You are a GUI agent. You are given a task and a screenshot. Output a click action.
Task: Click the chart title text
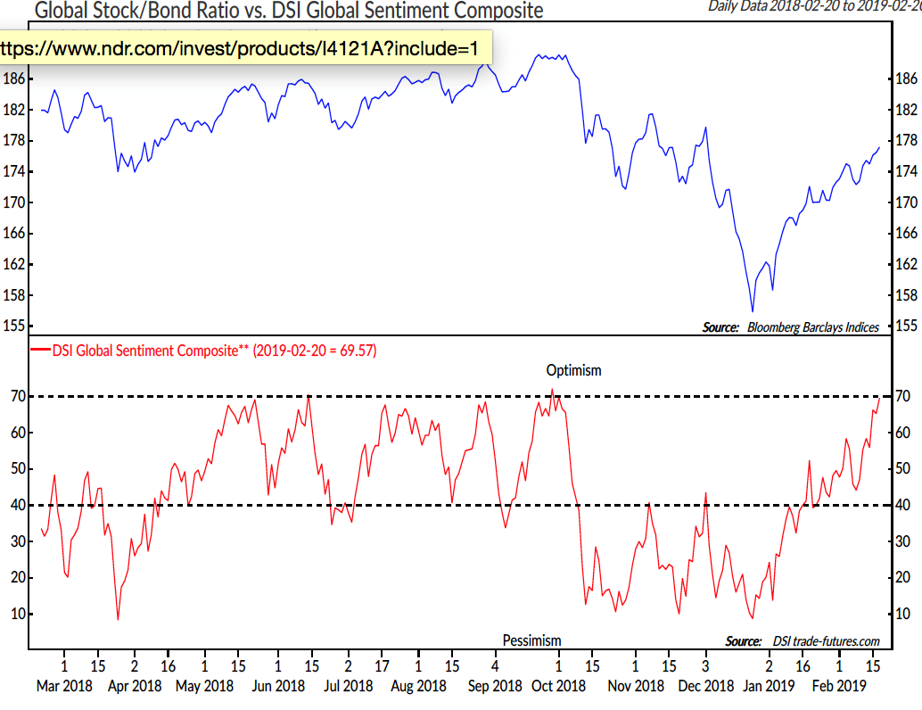[288, 11]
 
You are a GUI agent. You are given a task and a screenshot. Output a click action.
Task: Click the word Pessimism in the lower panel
[531, 640]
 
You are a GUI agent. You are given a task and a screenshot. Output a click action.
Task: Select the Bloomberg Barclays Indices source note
[790, 327]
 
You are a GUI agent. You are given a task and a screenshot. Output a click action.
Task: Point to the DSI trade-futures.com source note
[802, 641]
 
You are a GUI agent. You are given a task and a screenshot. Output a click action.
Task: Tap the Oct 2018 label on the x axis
[559, 685]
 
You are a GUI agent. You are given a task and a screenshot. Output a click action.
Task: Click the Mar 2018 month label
[64, 685]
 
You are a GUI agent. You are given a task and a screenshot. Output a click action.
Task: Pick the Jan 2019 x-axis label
[769, 685]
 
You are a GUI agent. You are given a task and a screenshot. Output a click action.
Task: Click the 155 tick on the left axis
[13, 326]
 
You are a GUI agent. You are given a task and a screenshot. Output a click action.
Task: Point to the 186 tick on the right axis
[904, 79]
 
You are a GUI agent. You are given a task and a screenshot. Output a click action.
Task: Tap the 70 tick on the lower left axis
[15, 396]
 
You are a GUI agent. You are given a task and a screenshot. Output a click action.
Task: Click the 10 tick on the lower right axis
[902, 614]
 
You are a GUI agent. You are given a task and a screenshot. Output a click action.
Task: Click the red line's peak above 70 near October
[552, 390]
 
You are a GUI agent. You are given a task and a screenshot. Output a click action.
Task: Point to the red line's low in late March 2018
[118, 619]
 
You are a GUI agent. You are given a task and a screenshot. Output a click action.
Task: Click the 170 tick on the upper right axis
[904, 202]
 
